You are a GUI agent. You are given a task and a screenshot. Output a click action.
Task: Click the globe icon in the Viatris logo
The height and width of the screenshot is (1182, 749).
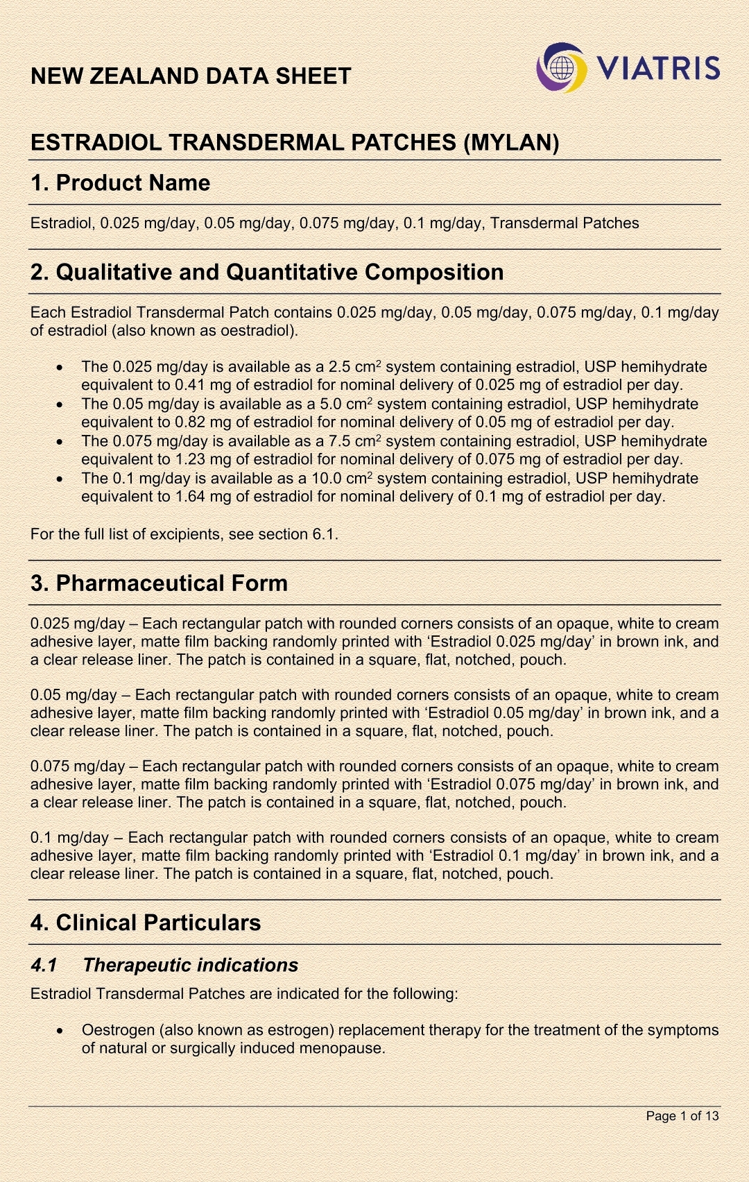[563, 69]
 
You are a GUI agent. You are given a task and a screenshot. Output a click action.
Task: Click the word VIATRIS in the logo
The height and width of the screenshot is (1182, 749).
[658, 68]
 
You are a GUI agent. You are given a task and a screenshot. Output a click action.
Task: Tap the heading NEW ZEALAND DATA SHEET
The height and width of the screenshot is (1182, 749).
[191, 76]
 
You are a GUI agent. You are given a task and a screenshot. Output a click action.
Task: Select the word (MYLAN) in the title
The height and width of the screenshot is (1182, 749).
[512, 142]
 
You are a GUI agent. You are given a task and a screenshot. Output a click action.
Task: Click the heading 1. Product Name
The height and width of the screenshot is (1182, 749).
[120, 182]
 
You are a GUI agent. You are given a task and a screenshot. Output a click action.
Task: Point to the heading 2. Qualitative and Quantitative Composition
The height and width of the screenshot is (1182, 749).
[267, 272]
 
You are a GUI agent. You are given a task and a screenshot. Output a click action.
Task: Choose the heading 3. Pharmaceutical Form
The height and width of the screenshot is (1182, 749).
[159, 583]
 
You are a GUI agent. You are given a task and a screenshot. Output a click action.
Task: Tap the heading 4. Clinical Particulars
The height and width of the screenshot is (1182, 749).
[146, 923]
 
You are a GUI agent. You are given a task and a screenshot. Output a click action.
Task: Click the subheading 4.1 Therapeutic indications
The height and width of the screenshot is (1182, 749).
[164, 965]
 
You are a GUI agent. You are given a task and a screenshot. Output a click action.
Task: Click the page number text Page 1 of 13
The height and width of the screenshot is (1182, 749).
[682, 1115]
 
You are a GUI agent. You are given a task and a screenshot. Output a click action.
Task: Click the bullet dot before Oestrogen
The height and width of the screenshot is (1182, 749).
[62, 1031]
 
